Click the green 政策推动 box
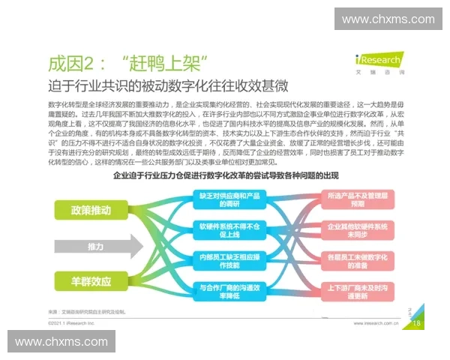(90, 210)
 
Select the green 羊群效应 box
(90, 282)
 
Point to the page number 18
(417, 323)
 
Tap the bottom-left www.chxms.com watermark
(62, 342)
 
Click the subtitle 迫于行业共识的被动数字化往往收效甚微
(167, 85)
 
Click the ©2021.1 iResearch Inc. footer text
(71, 324)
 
